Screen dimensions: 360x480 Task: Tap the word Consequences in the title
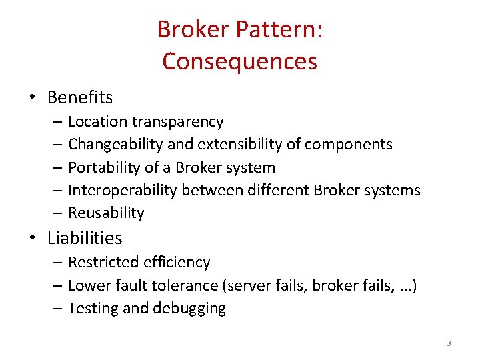239,61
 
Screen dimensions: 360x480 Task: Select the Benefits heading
80,97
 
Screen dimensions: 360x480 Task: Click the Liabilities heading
85,237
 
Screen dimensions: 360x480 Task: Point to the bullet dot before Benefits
32,97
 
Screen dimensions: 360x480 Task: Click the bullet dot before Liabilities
32,237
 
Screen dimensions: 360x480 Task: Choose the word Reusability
106,213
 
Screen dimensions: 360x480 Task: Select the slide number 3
449,343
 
